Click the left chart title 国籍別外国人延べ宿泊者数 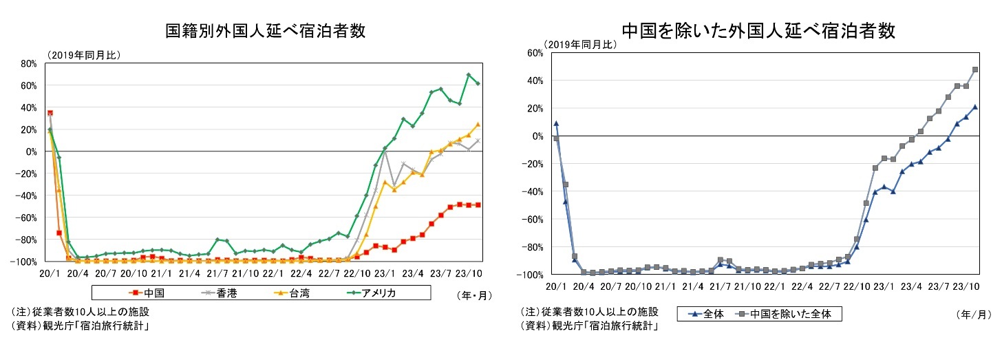265,31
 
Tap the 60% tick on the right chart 535,53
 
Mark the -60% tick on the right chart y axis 533,219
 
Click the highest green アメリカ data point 469,75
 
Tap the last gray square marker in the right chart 975,70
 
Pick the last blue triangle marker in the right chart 975,107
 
